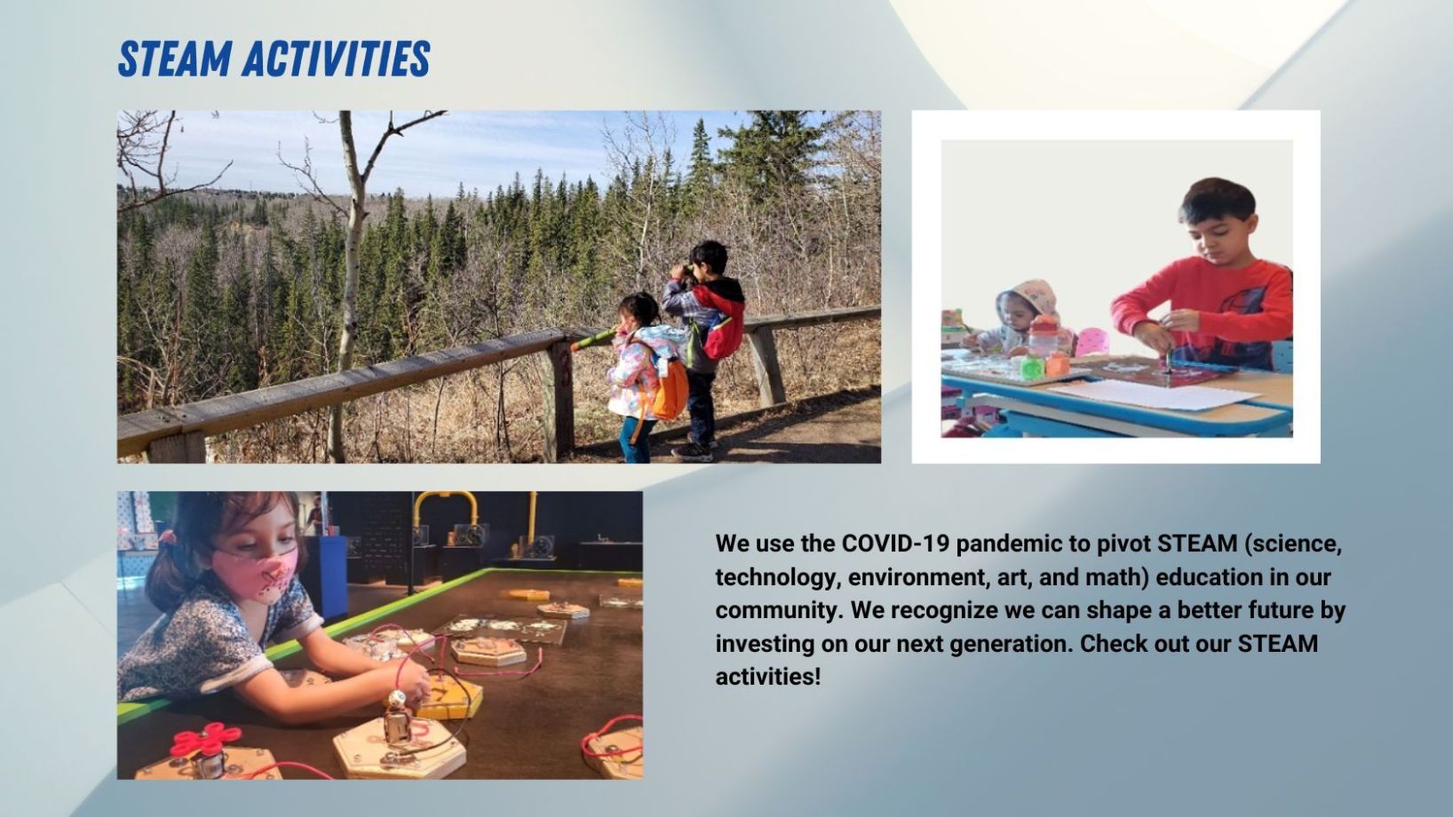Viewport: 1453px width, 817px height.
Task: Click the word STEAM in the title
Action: point(175,59)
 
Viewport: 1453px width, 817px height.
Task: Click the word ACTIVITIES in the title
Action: point(337,59)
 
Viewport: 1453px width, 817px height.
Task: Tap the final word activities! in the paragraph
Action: point(768,677)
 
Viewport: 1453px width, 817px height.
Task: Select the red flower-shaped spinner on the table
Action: point(206,740)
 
